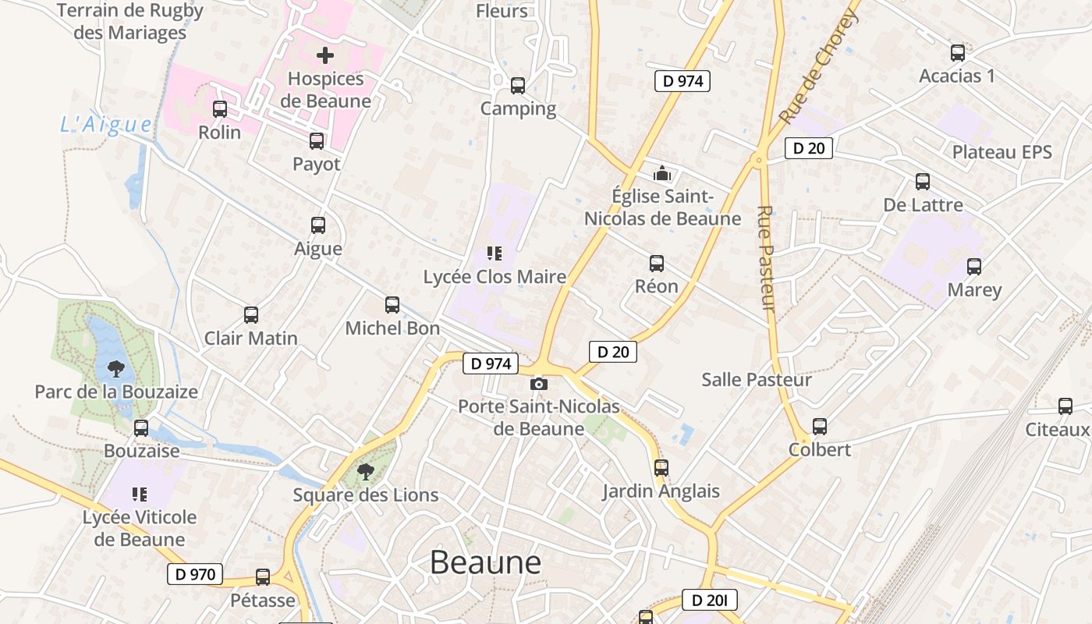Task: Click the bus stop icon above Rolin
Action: (220, 109)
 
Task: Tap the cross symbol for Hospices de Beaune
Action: (325, 55)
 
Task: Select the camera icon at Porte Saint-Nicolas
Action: (538, 384)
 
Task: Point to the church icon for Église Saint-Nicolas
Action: (662, 173)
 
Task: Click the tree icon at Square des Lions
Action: (365, 471)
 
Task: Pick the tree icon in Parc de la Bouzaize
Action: (116, 368)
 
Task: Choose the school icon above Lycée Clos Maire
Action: (494, 253)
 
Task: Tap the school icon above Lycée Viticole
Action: (140, 494)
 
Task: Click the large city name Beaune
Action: (485, 562)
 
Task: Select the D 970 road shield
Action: (195, 575)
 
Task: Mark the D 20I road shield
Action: (709, 600)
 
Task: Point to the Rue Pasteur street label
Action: (766, 257)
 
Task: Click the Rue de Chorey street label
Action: (819, 66)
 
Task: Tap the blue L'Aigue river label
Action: (106, 124)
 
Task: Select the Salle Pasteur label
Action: (757, 380)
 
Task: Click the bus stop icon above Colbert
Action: (820, 427)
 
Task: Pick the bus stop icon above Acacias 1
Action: (958, 53)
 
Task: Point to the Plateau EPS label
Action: (1002, 152)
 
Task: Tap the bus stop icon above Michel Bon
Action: (392, 305)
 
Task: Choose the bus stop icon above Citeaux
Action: (1065, 406)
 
